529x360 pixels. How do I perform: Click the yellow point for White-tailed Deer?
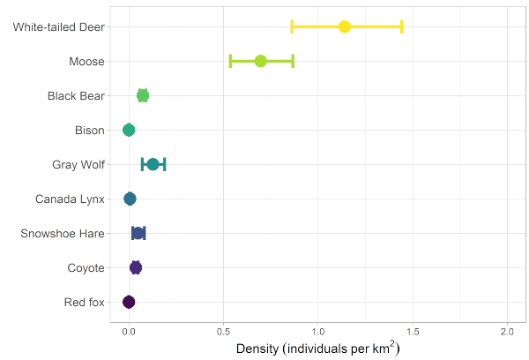[x=345, y=26]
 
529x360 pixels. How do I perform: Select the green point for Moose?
[x=261, y=61]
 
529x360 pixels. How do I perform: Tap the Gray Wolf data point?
[x=153, y=164]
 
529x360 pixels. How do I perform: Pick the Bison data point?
[x=129, y=130]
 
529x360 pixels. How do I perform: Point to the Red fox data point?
[x=129, y=302]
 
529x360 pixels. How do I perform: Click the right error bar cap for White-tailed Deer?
[x=402, y=26]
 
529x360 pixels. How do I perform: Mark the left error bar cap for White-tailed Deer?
[x=292, y=26]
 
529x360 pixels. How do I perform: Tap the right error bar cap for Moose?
[x=293, y=61]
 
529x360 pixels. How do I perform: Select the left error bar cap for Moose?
[x=230, y=61]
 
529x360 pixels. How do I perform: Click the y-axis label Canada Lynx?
[x=70, y=199]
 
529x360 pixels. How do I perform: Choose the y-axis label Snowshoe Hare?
[x=63, y=233]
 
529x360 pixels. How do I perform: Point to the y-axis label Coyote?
[x=86, y=267]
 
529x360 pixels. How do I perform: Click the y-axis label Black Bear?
[x=76, y=95]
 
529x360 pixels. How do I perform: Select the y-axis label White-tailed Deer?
[x=59, y=26]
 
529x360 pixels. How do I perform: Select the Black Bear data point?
[x=143, y=95]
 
